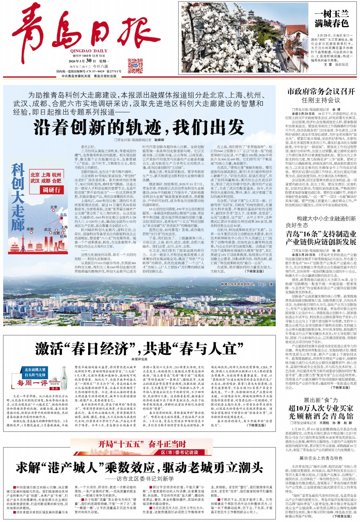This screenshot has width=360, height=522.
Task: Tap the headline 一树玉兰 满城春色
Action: pyautogui.click(x=331, y=19)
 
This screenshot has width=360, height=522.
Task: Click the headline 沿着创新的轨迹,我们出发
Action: pyautogui.click(x=139, y=127)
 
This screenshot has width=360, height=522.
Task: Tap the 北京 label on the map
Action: pyautogui.click(x=54, y=207)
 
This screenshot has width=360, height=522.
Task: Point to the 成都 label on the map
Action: pyautogui.click(x=30, y=229)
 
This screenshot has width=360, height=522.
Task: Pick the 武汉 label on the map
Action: pyautogui.click(x=47, y=229)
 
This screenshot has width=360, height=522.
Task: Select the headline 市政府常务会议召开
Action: pyautogui.click(x=321, y=91)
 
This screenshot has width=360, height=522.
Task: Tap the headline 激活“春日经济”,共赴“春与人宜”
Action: pyautogui.click(x=139, y=349)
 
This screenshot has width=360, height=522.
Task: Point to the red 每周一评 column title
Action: pyautogui.click(x=32, y=383)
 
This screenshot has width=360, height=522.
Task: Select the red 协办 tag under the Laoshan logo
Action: pyautogui.click(x=54, y=389)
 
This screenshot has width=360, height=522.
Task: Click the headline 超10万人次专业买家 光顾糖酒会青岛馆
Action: pyautogui.click(x=321, y=412)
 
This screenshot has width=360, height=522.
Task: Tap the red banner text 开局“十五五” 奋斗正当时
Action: pyautogui.click(x=142, y=444)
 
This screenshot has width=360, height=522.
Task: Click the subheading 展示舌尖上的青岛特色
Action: pyautogui.click(x=321, y=458)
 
